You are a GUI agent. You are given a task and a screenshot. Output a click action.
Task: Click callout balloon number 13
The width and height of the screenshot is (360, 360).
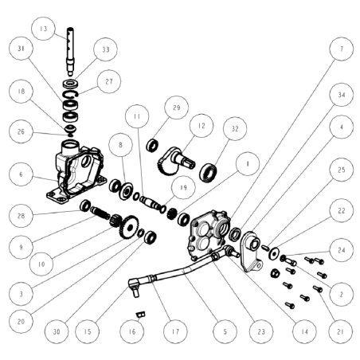coord(43,29)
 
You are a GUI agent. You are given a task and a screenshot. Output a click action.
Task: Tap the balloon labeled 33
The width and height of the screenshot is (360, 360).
coord(104,49)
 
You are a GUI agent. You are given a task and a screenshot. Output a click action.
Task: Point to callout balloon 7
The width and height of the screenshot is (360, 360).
coord(340,49)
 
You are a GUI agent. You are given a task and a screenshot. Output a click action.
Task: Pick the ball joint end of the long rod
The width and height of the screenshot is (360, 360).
coord(136,280)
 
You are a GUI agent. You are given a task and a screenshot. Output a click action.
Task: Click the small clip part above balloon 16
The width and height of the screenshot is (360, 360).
coord(139,313)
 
